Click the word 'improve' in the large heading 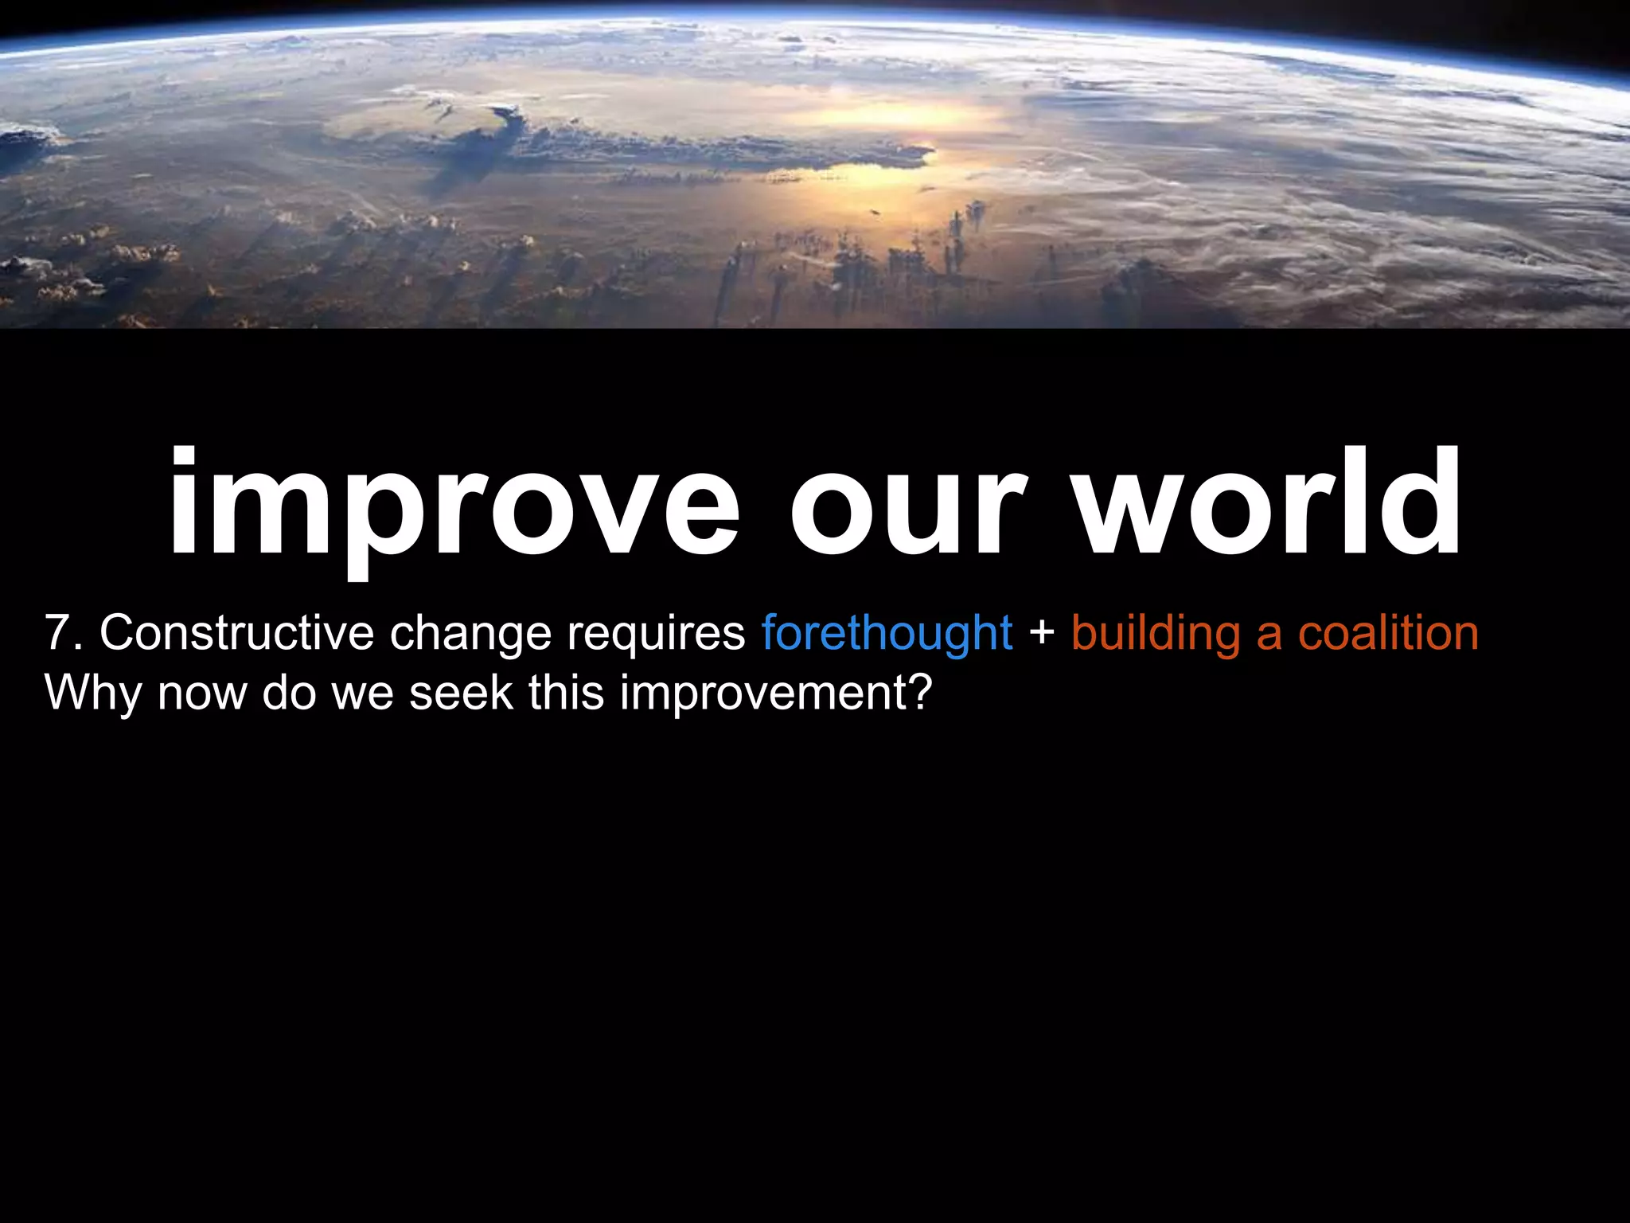click(x=454, y=506)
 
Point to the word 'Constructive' click(x=236, y=633)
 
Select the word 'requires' click(x=656, y=635)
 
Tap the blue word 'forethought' click(x=887, y=635)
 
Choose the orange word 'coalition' click(x=1388, y=633)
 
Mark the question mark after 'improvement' click(x=920, y=693)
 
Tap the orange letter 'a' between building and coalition click(x=1269, y=636)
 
